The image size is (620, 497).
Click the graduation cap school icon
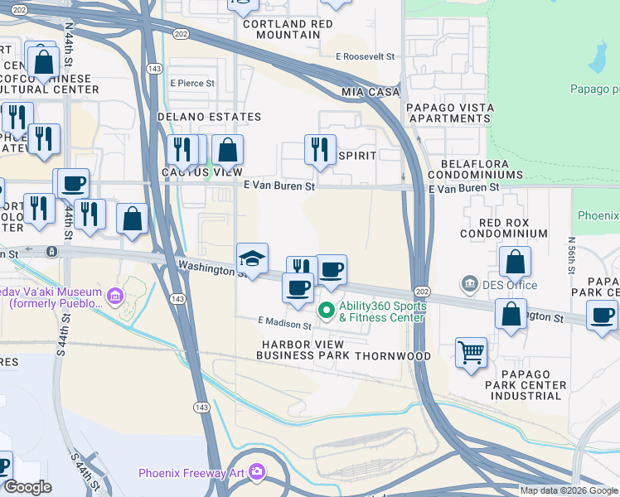(x=252, y=258)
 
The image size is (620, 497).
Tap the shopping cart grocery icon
(x=471, y=351)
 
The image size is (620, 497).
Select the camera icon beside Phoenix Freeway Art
(x=257, y=472)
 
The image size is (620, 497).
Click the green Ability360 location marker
(x=327, y=311)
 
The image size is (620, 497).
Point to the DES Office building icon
(x=469, y=285)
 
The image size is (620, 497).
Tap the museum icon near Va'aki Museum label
(x=114, y=295)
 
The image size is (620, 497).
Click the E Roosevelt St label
(x=365, y=56)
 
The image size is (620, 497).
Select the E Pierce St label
(x=192, y=84)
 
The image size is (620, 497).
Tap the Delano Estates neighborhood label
(x=210, y=118)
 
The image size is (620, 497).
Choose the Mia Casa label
(x=371, y=91)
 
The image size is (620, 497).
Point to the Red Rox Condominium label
(x=514, y=228)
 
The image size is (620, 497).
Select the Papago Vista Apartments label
(x=449, y=113)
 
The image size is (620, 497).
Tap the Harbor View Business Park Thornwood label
(x=344, y=350)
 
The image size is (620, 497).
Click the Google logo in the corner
(x=27, y=487)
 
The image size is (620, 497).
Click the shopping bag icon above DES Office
(x=515, y=262)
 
